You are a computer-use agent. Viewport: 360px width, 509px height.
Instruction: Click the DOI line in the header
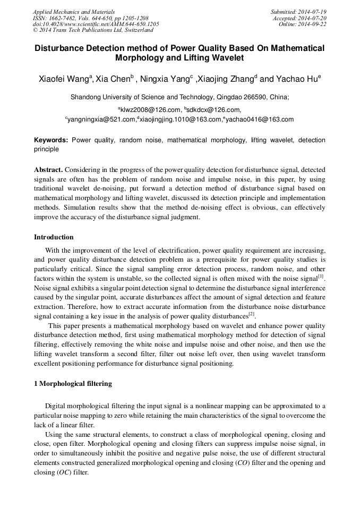pyautogui.click(x=96, y=24)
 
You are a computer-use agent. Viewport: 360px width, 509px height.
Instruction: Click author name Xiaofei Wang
pyautogui.click(x=64, y=79)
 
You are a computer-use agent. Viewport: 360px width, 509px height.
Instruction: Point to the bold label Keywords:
pyautogui.click(x=51, y=140)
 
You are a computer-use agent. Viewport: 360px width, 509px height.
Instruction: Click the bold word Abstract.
pyautogui.click(x=48, y=169)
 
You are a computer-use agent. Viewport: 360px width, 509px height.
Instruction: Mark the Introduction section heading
pyautogui.click(x=54, y=237)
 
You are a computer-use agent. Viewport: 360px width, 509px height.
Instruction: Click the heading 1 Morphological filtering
pyautogui.click(x=73, y=383)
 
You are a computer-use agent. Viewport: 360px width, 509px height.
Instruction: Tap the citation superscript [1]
pyautogui.click(x=321, y=275)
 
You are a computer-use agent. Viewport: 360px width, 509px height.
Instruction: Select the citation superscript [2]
pyautogui.click(x=252, y=314)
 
